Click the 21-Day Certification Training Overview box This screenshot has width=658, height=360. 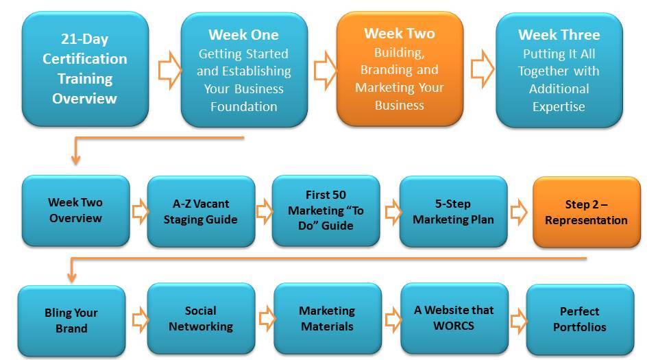coord(85,69)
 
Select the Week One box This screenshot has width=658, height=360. coord(244,70)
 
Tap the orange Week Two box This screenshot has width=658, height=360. coord(400,69)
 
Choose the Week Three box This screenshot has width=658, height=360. coord(559,70)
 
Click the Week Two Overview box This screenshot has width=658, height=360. coord(76,211)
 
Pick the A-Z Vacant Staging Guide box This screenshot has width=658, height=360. coord(201,211)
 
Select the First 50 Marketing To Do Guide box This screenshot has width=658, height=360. coord(326,211)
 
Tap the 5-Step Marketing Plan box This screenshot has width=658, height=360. coord(454,211)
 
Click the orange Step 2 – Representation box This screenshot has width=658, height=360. coord(587,212)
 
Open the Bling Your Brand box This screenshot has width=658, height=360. coord(72,321)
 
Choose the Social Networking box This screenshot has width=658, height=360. coord(201,318)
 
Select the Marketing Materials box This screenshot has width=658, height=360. coord(328,318)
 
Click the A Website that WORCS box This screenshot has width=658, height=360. coord(454,318)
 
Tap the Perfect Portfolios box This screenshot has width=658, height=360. coord(581,320)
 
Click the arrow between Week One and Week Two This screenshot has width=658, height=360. coord(325,70)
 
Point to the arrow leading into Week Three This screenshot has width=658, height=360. coord(483,69)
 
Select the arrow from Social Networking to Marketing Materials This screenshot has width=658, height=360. coord(267,319)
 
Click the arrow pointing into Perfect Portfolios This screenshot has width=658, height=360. coord(519,321)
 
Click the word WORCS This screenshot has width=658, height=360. coord(454,326)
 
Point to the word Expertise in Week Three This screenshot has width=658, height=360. coord(559,107)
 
